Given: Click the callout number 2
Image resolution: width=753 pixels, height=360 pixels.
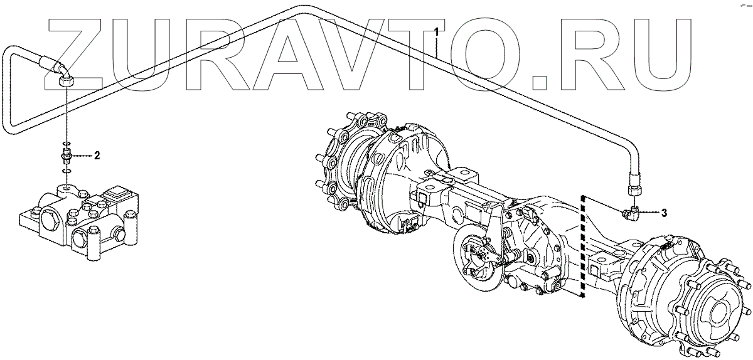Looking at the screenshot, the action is point(97,156).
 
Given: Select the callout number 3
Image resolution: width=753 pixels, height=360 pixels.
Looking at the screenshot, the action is point(664,213).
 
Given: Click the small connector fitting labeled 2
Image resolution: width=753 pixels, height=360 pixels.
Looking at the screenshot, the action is point(67,156).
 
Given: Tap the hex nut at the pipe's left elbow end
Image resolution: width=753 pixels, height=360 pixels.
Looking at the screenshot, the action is point(66,82).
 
